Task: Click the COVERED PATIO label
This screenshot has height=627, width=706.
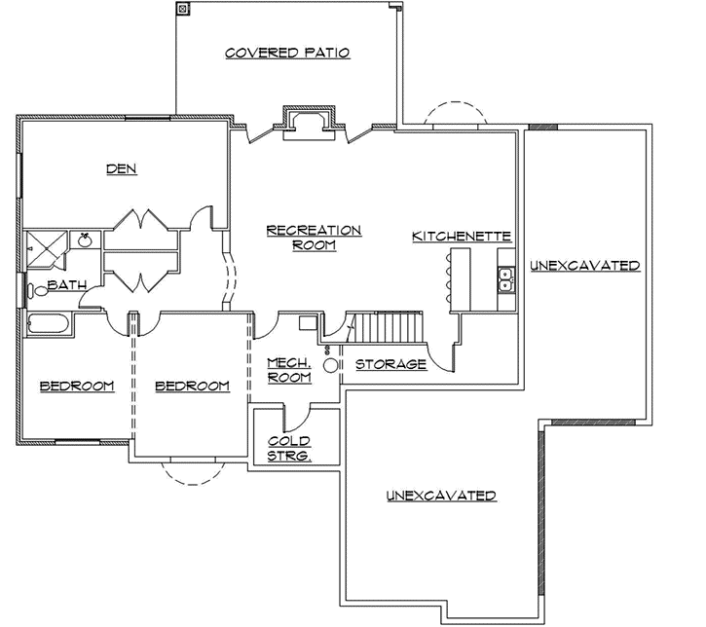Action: (286, 53)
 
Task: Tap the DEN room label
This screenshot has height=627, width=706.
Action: (121, 168)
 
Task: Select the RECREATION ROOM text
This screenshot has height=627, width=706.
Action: (313, 238)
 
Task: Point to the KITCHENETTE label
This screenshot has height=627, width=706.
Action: (462, 237)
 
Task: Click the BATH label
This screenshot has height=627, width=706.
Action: (66, 285)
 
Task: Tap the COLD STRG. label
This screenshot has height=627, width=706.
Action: (288, 448)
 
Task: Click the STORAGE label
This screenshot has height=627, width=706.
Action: (390, 364)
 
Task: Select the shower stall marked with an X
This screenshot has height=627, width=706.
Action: (44, 249)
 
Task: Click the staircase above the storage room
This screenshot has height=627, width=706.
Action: (389, 327)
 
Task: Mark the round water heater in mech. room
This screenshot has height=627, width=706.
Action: (331, 365)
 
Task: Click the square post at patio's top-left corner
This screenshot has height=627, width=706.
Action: (182, 9)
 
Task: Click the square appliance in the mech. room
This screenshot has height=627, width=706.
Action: (309, 325)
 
